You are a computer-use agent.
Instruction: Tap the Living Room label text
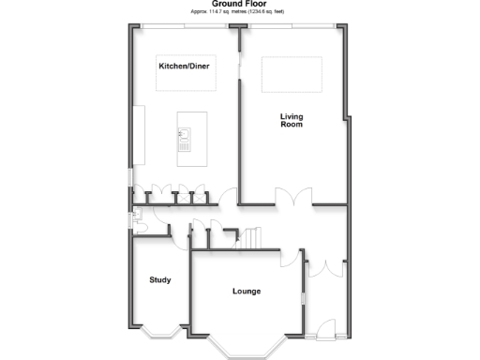tap(292, 121)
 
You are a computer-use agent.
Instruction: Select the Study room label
tap(159, 279)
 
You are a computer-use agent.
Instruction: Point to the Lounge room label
tap(247, 292)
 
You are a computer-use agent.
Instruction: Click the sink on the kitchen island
tap(185, 141)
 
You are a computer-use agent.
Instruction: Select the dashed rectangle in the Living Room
tap(291, 74)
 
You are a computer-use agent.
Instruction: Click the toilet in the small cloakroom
tap(136, 221)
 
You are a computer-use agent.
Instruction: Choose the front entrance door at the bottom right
tap(325, 328)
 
